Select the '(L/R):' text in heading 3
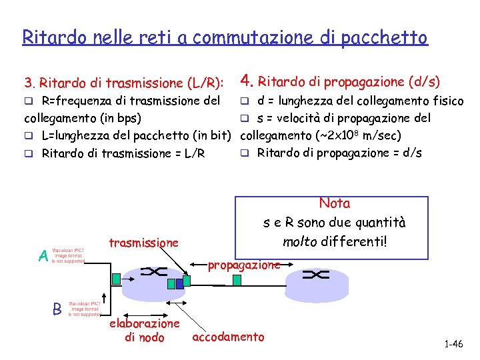tap(205, 83)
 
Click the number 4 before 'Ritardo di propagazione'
tap(245, 81)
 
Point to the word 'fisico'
tap(447, 101)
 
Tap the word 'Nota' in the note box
tap(335, 203)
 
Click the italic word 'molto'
tap(299, 241)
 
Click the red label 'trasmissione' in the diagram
tap(143, 243)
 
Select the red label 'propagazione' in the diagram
tap(243, 265)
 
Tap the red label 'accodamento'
tap(228, 337)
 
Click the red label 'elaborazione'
tap(145, 323)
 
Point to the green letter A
tap(43, 256)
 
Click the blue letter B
tap(57, 309)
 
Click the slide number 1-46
tap(453, 344)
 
